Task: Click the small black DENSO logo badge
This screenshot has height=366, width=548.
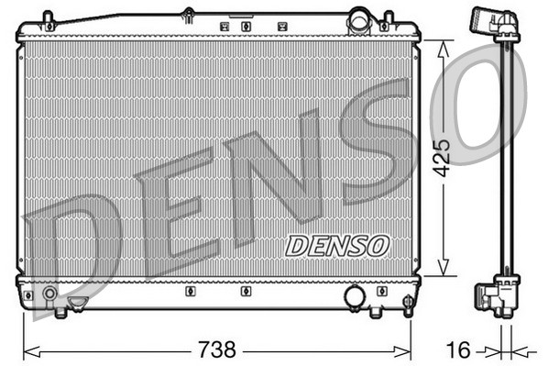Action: pyautogui.click(x=336, y=246)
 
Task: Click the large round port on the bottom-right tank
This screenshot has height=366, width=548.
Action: pyautogui.click(x=355, y=295)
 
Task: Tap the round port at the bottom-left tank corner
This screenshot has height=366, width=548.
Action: pyautogui.click(x=49, y=294)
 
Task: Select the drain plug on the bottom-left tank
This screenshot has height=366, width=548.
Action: pyautogui.click(x=79, y=302)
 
